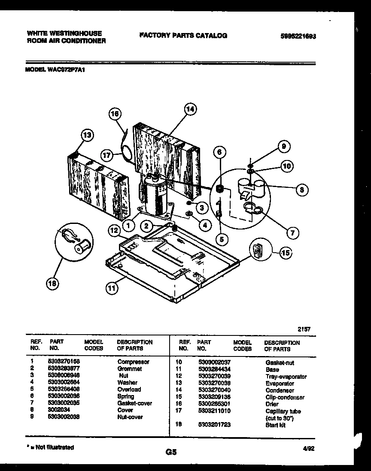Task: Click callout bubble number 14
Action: (190, 110)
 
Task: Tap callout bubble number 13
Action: (87, 136)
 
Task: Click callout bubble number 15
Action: (285, 253)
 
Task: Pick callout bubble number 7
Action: (292, 233)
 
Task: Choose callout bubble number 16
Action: (115, 114)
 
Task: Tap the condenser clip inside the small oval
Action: (257, 251)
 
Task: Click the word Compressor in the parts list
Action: (133, 362)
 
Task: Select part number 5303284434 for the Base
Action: (214, 369)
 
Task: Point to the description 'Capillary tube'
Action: (283, 411)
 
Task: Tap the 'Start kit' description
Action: (275, 425)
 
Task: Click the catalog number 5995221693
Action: (298, 36)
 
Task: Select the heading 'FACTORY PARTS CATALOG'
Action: (183, 36)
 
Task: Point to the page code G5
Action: (171, 452)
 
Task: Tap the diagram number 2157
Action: (304, 329)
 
